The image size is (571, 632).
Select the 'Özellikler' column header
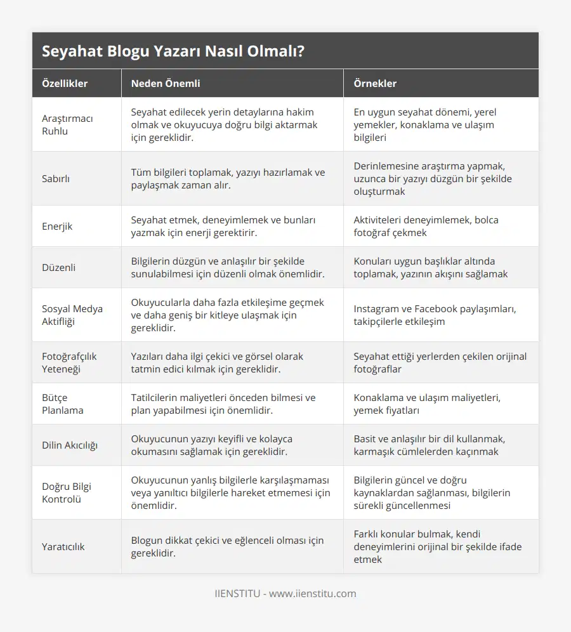[x=65, y=83]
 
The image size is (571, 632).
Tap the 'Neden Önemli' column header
[x=166, y=83]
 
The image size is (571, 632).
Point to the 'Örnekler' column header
[x=375, y=83]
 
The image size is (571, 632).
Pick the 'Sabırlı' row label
[x=56, y=178]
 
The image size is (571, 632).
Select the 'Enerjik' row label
[x=57, y=226]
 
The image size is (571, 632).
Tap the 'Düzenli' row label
[x=58, y=267]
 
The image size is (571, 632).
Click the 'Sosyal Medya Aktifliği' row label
[x=72, y=315]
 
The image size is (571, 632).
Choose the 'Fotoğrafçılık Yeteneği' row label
[x=69, y=362]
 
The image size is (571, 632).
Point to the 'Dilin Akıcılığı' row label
[x=69, y=445]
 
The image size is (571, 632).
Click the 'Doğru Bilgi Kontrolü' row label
[x=67, y=492]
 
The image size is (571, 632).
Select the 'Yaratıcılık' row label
[x=63, y=546]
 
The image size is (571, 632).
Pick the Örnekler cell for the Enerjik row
[x=426, y=226]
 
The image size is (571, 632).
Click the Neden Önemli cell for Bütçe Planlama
[x=223, y=404]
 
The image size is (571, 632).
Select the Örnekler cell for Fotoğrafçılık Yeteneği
[x=440, y=362]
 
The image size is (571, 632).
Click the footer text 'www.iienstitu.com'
[x=313, y=594]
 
